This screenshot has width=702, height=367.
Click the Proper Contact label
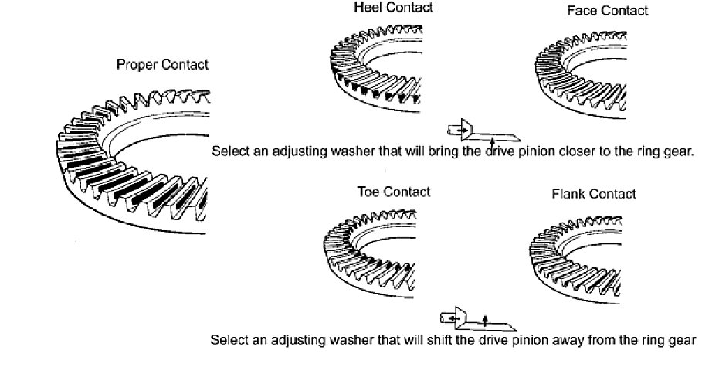click(x=162, y=65)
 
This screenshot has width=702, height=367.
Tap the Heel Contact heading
click(x=393, y=8)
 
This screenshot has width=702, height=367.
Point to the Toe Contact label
click(x=393, y=191)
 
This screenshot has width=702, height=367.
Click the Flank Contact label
click(x=594, y=194)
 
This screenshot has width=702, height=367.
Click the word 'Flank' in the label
click(x=568, y=194)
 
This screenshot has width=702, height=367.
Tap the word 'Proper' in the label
click(x=137, y=65)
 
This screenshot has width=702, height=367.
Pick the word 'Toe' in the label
click(x=368, y=191)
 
